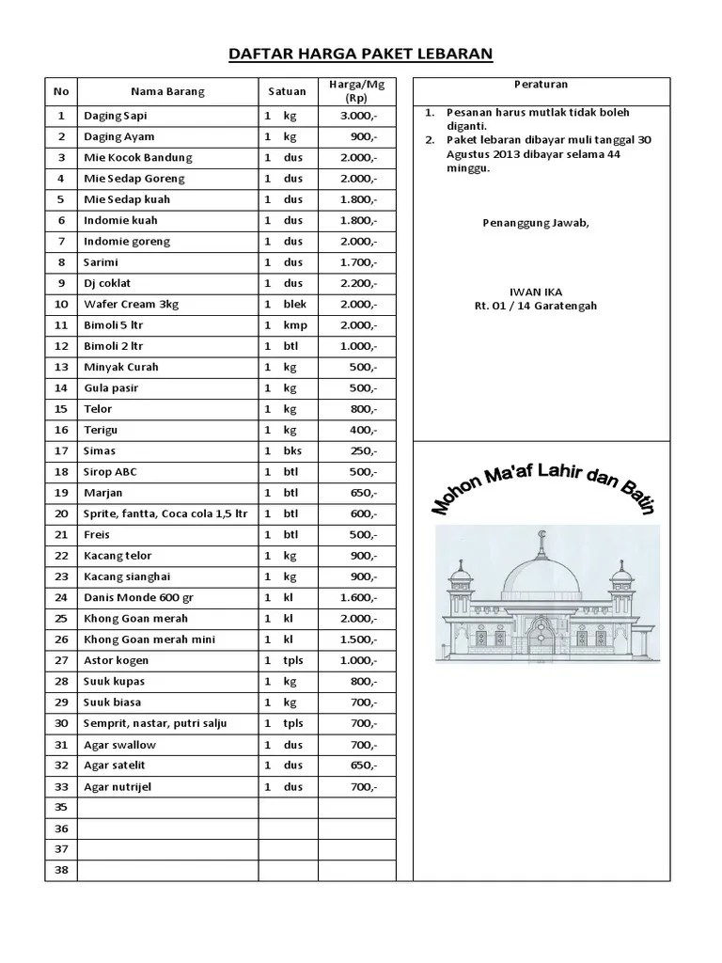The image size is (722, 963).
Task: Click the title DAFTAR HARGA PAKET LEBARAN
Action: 361,54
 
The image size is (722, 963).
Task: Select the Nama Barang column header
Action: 167,91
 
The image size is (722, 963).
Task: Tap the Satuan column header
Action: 287,91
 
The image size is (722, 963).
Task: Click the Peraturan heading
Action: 541,85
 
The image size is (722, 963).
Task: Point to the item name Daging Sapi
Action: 116,116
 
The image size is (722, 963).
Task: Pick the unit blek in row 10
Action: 295,304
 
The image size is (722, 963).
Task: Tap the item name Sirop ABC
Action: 111,471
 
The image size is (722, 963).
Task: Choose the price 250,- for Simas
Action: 362,450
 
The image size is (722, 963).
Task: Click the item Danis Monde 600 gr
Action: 137,597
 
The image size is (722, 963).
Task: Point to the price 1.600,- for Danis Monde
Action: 359,597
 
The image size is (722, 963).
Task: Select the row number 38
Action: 61,870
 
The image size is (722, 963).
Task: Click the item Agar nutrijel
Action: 118,786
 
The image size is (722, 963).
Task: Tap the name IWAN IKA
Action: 535,292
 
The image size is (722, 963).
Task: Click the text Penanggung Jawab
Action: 536,222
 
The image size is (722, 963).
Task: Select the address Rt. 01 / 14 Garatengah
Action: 535,306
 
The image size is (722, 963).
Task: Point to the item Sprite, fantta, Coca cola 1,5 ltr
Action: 165,513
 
